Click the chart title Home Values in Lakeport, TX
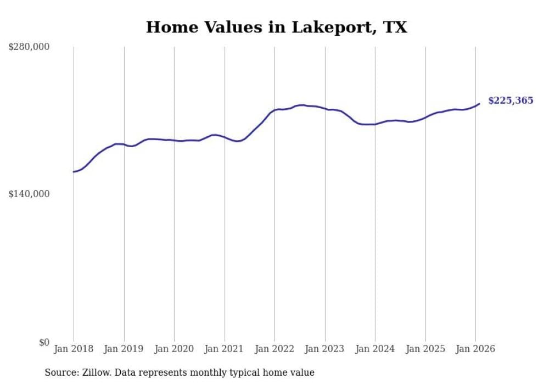pyautogui.click(x=276, y=27)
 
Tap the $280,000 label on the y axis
pyautogui.click(x=29, y=47)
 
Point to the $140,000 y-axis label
pyautogui.click(x=29, y=194)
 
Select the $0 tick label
pyautogui.click(x=44, y=342)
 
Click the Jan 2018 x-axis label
pyautogui.click(x=74, y=349)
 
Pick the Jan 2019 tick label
pyautogui.click(x=124, y=349)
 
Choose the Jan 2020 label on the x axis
pyautogui.click(x=174, y=349)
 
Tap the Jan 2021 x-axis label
pyautogui.click(x=225, y=349)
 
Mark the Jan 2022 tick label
pyautogui.click(x=274, y=349)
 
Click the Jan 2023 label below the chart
pyautogui.click(x=325, y=349)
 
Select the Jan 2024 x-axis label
pyautogui.click(x=375, y=349)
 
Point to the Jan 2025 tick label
pyautogui.click(x=425, y=349)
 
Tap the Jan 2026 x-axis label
pyautogui.click(x=475, y=349)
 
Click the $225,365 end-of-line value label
pyautogui.click(x=511, y=101)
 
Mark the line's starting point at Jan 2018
pyautogui.click(x=74, y=172)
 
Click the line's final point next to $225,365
pyautogui.click(x=479, y=103)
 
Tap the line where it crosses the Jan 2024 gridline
pyautogui.click(x=375, y=124)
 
